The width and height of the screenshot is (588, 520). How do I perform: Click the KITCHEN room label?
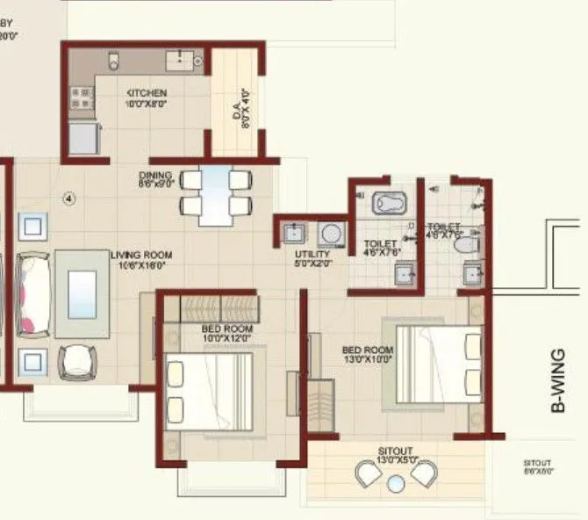(147, 97)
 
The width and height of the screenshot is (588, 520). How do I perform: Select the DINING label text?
(157, 178)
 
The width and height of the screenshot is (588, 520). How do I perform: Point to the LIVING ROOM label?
(141, 260)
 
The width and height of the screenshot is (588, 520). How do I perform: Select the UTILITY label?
(312, 258)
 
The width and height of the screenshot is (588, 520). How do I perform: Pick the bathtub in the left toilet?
(388, 204)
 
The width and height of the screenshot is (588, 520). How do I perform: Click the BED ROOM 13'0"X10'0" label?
(367, 354)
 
